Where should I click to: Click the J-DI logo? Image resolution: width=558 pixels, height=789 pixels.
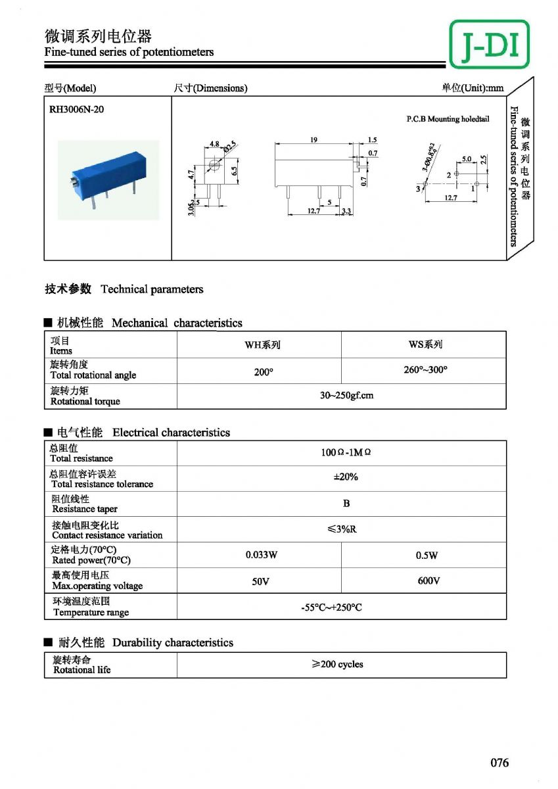point(490,45)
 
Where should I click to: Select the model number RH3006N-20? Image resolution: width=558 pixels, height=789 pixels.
point(76,109)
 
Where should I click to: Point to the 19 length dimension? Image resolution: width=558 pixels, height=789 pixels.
point(314,140)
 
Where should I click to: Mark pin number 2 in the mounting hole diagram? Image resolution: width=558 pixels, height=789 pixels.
point(449,174)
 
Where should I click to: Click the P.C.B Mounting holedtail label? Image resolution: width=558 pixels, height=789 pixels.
point(448,119)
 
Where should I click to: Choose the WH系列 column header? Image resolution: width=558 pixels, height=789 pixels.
point(262,345)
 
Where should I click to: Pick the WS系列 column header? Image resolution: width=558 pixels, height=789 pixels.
point(425,344)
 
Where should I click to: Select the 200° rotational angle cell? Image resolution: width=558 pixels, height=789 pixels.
point(263,372)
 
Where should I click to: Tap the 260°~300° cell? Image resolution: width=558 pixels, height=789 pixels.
point(425,370)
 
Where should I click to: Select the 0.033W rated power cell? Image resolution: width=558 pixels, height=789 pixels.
point(262,555)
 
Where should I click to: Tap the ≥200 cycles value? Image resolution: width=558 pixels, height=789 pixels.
point(337,664)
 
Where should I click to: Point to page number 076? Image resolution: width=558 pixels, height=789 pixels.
point(499,763)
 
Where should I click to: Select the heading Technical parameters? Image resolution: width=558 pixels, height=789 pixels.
point(152,289)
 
